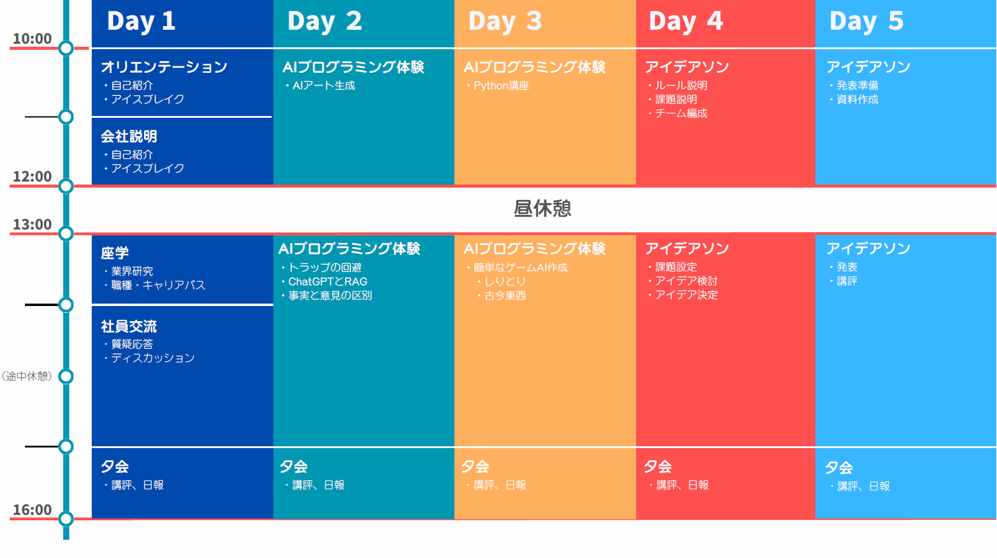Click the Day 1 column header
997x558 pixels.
coord(141,21)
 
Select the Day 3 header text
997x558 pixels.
coord(505,21)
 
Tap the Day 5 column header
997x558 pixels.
coord(866,21)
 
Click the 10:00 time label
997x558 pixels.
coord(32,39)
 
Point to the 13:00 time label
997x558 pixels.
coord(32,224)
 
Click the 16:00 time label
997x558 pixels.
coord(32,509)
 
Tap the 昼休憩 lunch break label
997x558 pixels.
coord(542,208)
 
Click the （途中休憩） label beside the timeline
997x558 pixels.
coord(27,376)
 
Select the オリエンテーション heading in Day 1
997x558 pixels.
coord(164,67)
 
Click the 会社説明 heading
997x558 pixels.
coord(129,136)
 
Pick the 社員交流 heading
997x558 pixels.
coord(129,327)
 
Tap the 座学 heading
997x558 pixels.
coord(115,253)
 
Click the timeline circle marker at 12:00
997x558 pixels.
coord(66,186)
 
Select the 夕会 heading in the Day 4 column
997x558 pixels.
coord(658,466)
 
